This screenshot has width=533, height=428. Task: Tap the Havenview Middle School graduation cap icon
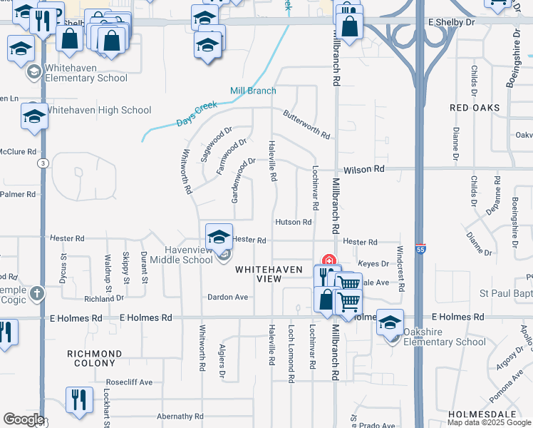click(219, 235)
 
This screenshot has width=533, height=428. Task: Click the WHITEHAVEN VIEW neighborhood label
click(259, 274)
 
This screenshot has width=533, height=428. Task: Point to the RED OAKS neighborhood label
click(475, 108)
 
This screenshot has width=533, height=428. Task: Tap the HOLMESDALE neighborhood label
click(478, 414)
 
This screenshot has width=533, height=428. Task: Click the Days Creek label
click(196, 115)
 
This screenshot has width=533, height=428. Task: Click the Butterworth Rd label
click(306, 124)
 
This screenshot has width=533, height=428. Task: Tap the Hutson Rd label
click(294, 222)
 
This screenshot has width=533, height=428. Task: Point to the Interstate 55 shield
click(420, 249)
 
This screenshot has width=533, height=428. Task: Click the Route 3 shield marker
click(44, 163)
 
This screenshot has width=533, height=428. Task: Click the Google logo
click(23, 419)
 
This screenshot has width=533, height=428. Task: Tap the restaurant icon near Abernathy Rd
click(78, 399)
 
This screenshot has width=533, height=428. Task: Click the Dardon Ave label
click(227, 297)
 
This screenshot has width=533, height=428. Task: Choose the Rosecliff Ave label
click(129, 382)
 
